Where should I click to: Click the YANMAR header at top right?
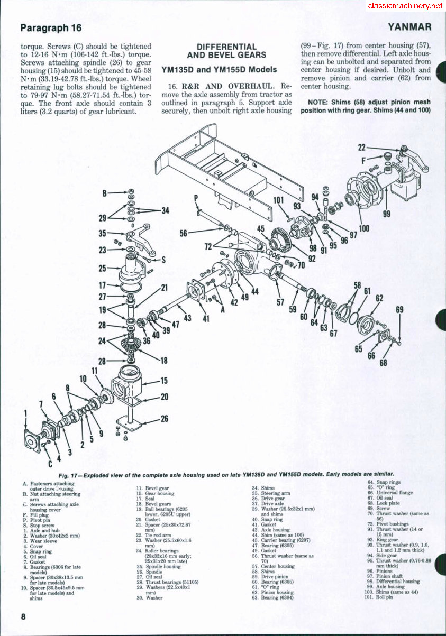[x=409, y=27]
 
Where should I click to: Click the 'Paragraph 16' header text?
[x=51, y=27]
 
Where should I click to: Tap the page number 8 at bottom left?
[x=23, y=617]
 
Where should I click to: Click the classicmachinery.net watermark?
[x=405, y=6]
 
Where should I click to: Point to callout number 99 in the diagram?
[x=386, y=214]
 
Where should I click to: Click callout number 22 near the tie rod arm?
[x=362, y=148]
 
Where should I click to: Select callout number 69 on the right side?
[x=399, y=310]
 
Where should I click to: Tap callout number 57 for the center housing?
[x=280, y=302]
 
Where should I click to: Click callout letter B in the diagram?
[x=105, y=193]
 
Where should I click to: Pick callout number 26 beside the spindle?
[x=164, y=419]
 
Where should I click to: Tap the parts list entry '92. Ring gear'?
[x=386, y=540]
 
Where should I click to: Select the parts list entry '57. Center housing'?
[x=277, y=566]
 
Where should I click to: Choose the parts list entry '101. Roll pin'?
[x=381, y=597]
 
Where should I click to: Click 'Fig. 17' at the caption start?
[x=68, y=475]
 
